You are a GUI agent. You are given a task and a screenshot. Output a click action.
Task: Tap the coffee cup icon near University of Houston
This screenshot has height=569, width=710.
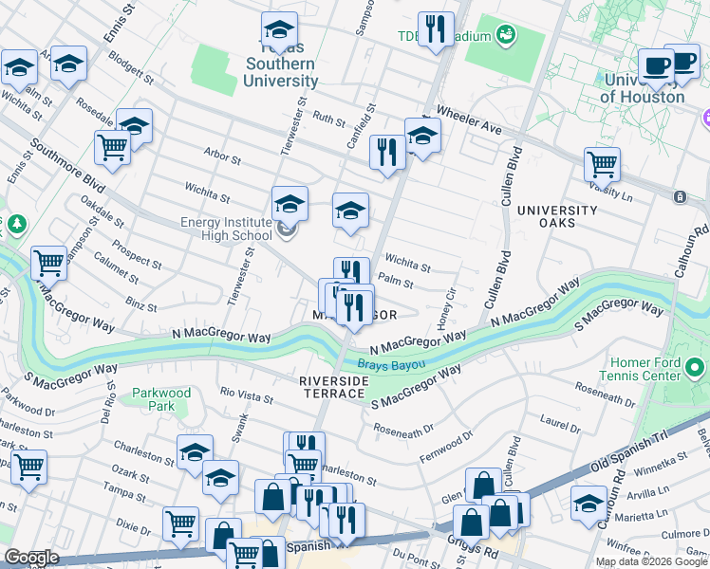click(656, 65)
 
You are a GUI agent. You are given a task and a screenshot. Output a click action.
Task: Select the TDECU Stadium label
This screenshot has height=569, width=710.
click(444, 37)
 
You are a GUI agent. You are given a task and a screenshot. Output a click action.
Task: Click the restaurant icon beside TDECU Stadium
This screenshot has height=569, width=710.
click(436, 28)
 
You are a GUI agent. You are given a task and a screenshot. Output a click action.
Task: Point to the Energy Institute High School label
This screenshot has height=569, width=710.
click(226, 229)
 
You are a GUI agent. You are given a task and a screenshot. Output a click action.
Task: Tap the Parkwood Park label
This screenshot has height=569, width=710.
click(161, 399)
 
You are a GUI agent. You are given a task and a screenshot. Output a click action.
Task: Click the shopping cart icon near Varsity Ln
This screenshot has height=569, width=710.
click(602, 163)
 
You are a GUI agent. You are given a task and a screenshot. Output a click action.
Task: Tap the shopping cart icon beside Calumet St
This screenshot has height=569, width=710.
click(48, 263)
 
